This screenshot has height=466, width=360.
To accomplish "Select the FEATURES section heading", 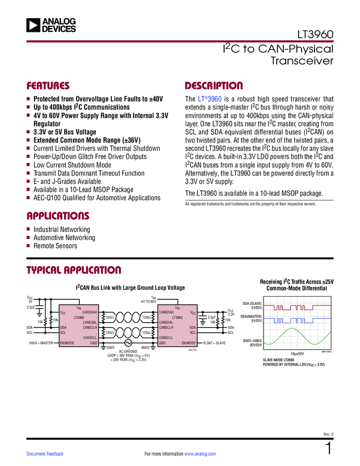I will pos(49,86).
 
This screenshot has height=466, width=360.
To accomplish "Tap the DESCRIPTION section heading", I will pos(214,86).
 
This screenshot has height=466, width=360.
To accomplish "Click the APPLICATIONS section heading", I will pos(58,215).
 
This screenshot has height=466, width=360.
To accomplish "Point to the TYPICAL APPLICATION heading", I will pos(74,270).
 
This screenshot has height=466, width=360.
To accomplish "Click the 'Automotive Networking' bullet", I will pos(64,237).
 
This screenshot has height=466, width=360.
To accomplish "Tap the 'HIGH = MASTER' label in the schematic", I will pos(41,343).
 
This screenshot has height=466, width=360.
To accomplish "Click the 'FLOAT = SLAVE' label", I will pos(214,343).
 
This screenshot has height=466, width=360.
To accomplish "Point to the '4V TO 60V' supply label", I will pos(148,301).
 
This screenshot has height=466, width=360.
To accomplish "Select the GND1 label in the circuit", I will pos(110,348).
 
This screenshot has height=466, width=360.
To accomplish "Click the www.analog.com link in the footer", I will pos(201,454).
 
